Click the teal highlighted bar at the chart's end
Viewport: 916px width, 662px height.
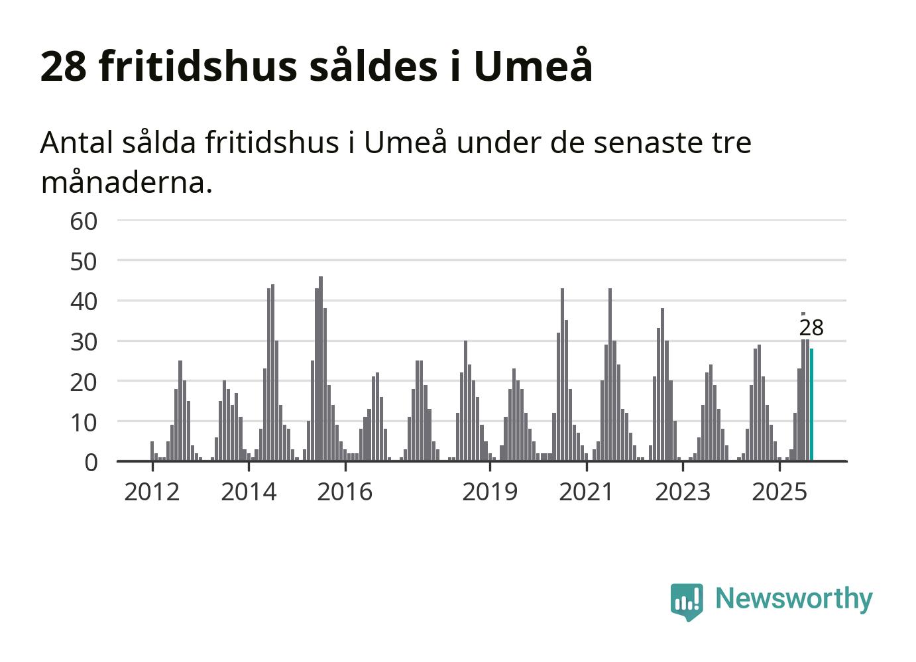pyautogui.click(x=811, y=404)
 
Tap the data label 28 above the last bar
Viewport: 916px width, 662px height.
pyautogui.click(x=811, y=327)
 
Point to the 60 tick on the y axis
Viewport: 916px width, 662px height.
pyautogui.click(x=84, y=221)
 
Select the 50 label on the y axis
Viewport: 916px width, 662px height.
pyautogui.click(x=84, y=262)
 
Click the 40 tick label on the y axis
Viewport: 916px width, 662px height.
pyautogui.click(x=84, y=302)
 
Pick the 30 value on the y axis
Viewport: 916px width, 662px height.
pyautogui.click(x=84, y=342)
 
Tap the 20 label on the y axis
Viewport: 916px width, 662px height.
pyautogui.click(x=84, y=382)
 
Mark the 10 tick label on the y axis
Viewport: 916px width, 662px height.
pyautogui.click(x=84, y=422)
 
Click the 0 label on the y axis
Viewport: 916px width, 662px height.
pyautogui.click(x=91, y=463)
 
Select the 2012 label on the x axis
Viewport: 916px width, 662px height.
pyautogui.click(x=152, y=492)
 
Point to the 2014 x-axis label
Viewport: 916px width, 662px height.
pyautogui.click(x=249, y=492)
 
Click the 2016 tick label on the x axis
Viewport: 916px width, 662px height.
pyautogui.click(x=345, y=492)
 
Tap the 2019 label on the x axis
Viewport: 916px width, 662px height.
pyautogui.click(x=490, y=492)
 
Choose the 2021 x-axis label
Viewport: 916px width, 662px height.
pyautogui.click(x=587, y=492)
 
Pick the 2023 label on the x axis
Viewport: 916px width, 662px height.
pyautogui.click(x=683, y=492)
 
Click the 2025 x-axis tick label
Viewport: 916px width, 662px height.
pyautogui.click(x=779, y=492)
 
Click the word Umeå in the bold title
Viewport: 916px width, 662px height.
pyautogui.click(x=533, y=66)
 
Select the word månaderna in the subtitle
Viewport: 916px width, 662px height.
pyautogui.click(x=126, y=182)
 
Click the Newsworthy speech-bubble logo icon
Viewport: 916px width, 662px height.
pyautogui.click(x=686, y=601)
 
